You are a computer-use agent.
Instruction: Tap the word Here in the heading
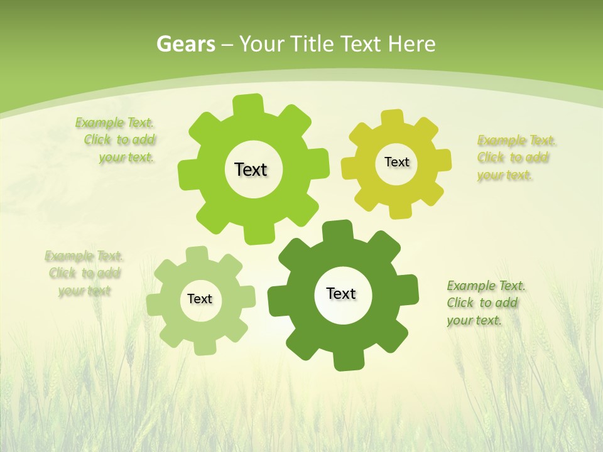coord(411,44)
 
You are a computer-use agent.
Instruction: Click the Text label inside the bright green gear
coord(251,169)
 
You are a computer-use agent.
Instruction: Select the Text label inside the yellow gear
coord(396,162)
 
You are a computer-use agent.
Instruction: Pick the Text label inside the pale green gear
coord(200,299)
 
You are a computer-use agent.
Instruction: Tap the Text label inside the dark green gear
coord(341,293)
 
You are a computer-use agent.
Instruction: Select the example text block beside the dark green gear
coord(486,303)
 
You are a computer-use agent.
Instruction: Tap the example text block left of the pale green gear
coord(84,273)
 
